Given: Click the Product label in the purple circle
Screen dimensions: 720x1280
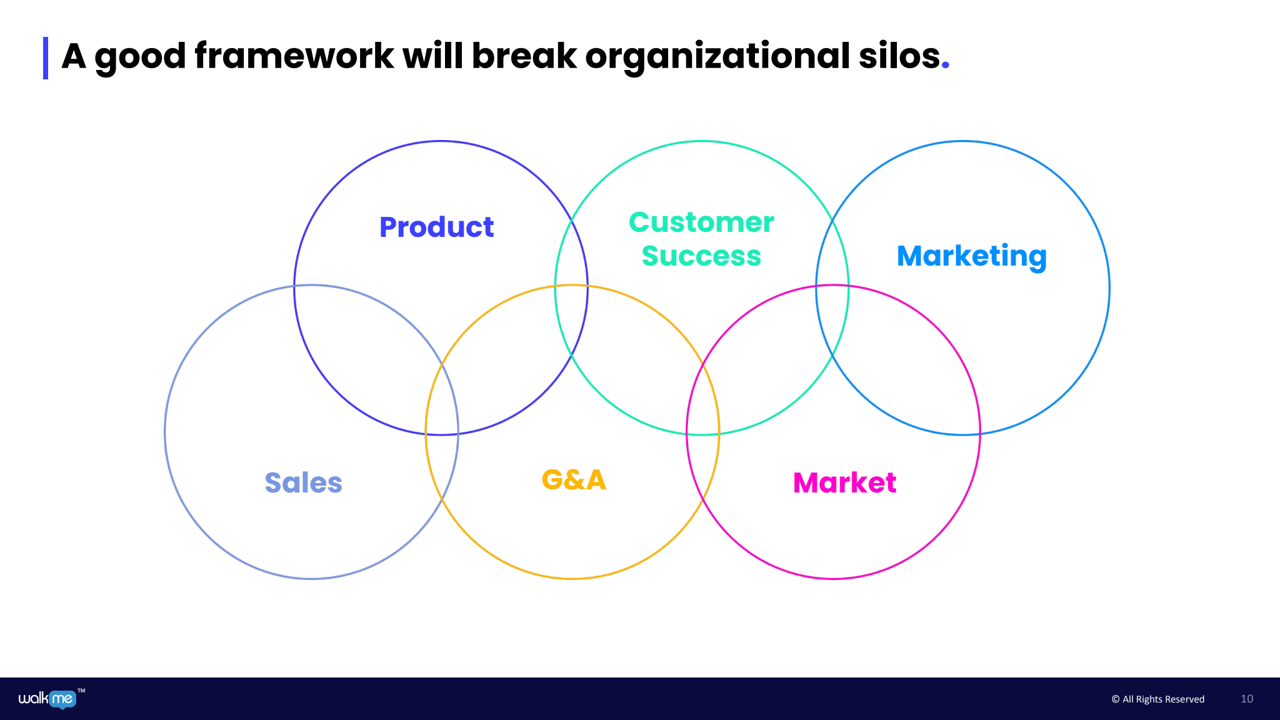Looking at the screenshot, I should (x=436, y=227).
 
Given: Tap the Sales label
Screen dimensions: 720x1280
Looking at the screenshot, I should (x=303, y=482).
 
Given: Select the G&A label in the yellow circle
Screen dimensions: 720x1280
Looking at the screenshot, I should (x=574, y=479).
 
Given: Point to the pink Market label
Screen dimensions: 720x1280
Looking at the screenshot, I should (x=844, y=482).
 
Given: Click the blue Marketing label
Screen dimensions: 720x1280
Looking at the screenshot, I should (x=971, y=256).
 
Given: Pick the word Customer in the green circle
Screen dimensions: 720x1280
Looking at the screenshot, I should (x=701, y=222).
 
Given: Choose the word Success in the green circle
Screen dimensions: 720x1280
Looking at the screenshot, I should (x=701, y=256).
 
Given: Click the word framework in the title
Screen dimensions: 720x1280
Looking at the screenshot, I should (x=294, y=56).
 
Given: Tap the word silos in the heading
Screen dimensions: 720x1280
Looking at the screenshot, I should (x=899, y=56).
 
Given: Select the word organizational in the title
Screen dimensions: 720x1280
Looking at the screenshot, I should (x=717, y=56).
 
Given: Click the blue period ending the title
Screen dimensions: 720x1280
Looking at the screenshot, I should (x=946, y=65).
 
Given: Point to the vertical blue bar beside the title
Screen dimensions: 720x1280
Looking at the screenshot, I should (x=46, y=58).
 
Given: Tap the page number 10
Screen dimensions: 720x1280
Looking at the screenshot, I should (x=1247, y=699).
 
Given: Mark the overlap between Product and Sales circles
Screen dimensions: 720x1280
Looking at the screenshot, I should (x=369, y=350).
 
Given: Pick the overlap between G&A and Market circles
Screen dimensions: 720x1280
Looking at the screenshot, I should (x=703, y=431).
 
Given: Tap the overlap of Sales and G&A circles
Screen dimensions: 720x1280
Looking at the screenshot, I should (x=442, y=431).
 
